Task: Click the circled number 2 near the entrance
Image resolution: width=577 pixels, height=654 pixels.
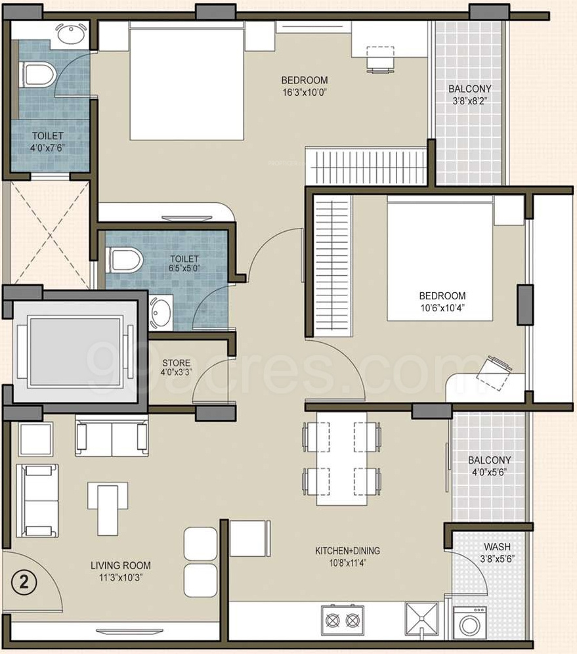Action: pyautogui.click(x=24, y=582)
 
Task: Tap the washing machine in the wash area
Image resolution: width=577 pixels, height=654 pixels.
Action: pyautogui.click(x=469, y=622)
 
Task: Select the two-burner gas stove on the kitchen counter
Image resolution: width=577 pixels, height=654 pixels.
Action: pyautogui.click(x=342, y=621)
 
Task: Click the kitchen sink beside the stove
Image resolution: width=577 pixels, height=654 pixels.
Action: pyautogui.click(x=421, y=619)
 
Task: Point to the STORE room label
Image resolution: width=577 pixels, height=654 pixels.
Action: pyautogui.click(x=177, y=363)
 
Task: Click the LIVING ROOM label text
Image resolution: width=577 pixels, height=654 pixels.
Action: pyautogui.click(x=121, y=565)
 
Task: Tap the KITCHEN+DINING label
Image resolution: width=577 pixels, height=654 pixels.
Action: pyautogui.click(x=347, y=550)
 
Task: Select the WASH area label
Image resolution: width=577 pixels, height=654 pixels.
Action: pyautogui.click(x=497, y=546)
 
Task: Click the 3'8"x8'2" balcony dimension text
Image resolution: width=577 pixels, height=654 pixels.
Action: pyautogui.click(x=470, y=100)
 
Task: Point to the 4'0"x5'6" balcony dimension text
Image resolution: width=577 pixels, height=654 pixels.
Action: pyautogui.click(x=490, y=472)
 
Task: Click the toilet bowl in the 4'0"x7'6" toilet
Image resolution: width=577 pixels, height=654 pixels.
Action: pyautogui.click(x=37, y=75)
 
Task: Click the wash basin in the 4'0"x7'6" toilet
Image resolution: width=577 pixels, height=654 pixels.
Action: pyautogui.click(x=71, y=33)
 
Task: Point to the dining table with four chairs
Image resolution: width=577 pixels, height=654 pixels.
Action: pyautogui.click(x=342, y=458)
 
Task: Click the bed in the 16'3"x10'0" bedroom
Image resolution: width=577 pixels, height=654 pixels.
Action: pyautogui.click(x=186, y=81)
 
